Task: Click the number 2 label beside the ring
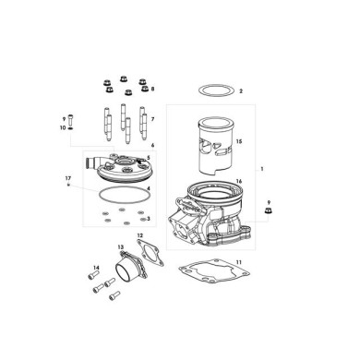(240, 92)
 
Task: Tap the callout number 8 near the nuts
(153, 89)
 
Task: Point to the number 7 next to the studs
(152, 119)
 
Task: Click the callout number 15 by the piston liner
(238, 142)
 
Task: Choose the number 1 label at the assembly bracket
(263, 171)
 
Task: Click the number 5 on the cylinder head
(150, 159)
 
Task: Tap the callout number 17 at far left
(67, 176)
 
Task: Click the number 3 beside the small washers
(149, 219)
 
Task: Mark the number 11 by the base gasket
(239, 264)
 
